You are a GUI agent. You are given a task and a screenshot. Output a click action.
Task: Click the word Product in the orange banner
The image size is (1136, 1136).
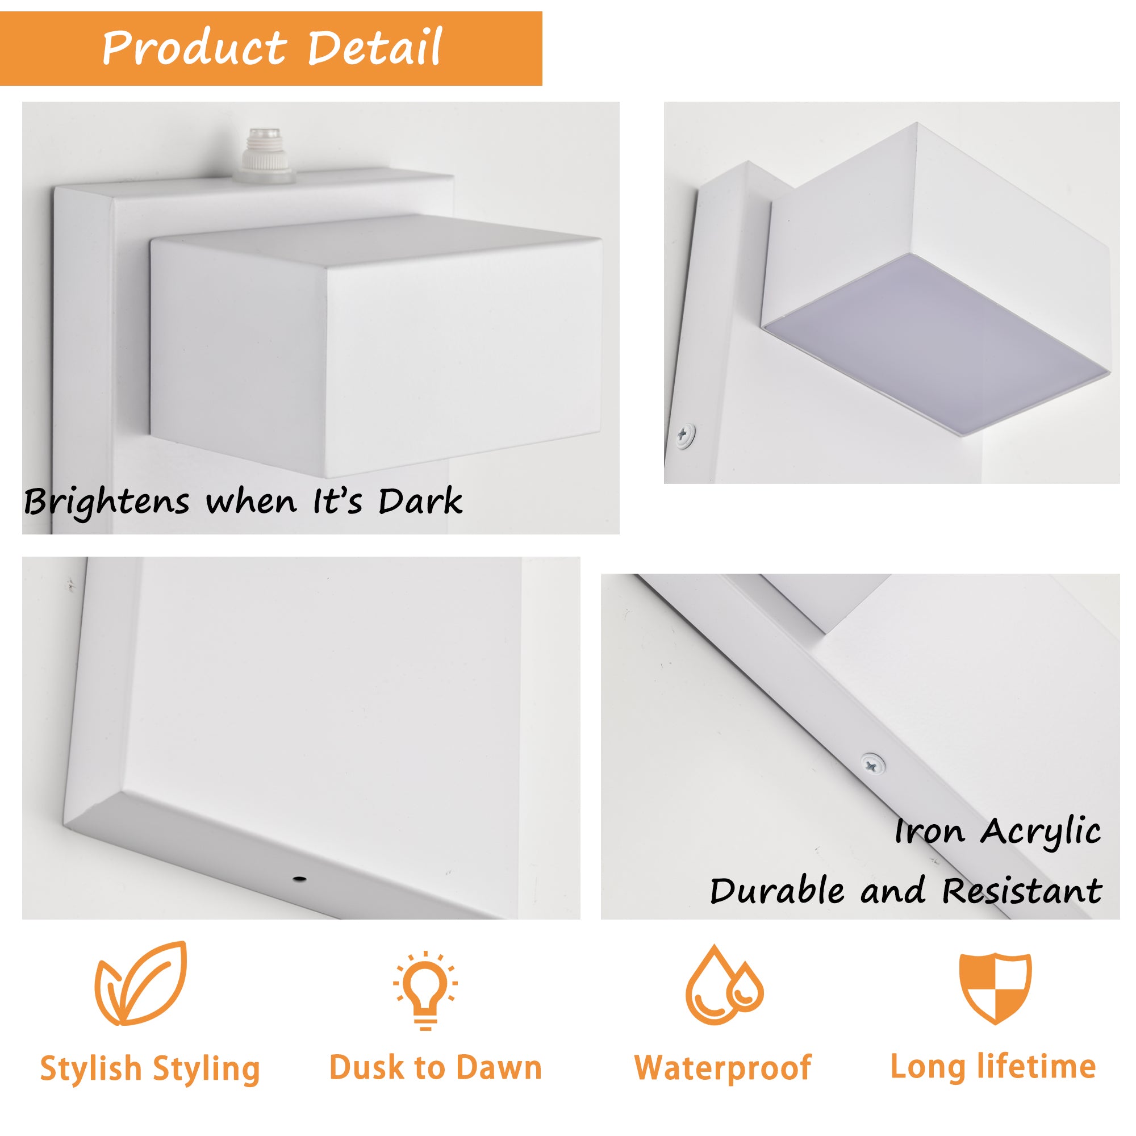pyautogui.click(x=194, y=48)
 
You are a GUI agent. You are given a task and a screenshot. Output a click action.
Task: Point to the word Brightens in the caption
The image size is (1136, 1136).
pyautogui.click(x=106, y=503)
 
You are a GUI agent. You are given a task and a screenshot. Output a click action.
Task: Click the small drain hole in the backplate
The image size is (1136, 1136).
pyautogui.click(x=300, y=880)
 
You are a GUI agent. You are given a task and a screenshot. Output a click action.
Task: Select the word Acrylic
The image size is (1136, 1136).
pyautogui.click(x=1040, y=833)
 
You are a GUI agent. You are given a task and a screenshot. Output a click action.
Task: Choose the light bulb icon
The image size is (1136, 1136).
pyautogui.click(x=425, y=988)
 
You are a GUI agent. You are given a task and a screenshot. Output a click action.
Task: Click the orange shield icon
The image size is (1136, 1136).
pyautogui.click(x=995, y=988)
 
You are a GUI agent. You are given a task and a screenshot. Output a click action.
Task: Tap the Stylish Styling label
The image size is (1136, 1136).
pyautogui.click(x=150, y=1068)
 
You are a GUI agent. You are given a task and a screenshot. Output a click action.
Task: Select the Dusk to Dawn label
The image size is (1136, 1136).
pyautogui.click(x=435, y=1067)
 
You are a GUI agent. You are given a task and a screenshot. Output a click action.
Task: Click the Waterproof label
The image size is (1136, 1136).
pyautogui.click(x=722, y=1068)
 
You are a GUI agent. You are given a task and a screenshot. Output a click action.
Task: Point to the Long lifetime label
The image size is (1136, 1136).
pyautogui.click(x=993, y=1067)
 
